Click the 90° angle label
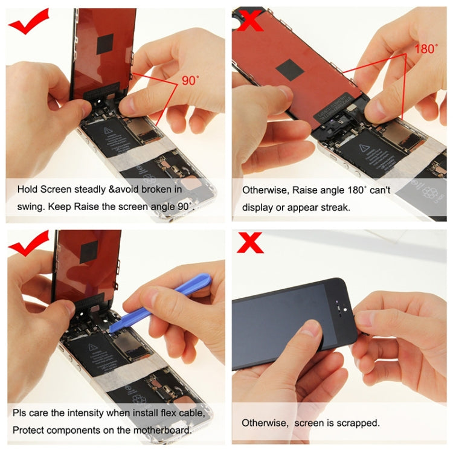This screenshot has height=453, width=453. [x=189, y=80]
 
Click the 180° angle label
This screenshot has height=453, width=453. [x=426, y=49]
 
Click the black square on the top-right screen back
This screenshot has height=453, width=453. [x=289, y=69]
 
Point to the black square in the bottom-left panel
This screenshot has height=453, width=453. [x=89, y=251]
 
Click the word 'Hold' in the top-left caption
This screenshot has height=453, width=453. [x=27, y=189]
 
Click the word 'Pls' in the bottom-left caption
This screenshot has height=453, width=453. [x=21, y=414]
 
